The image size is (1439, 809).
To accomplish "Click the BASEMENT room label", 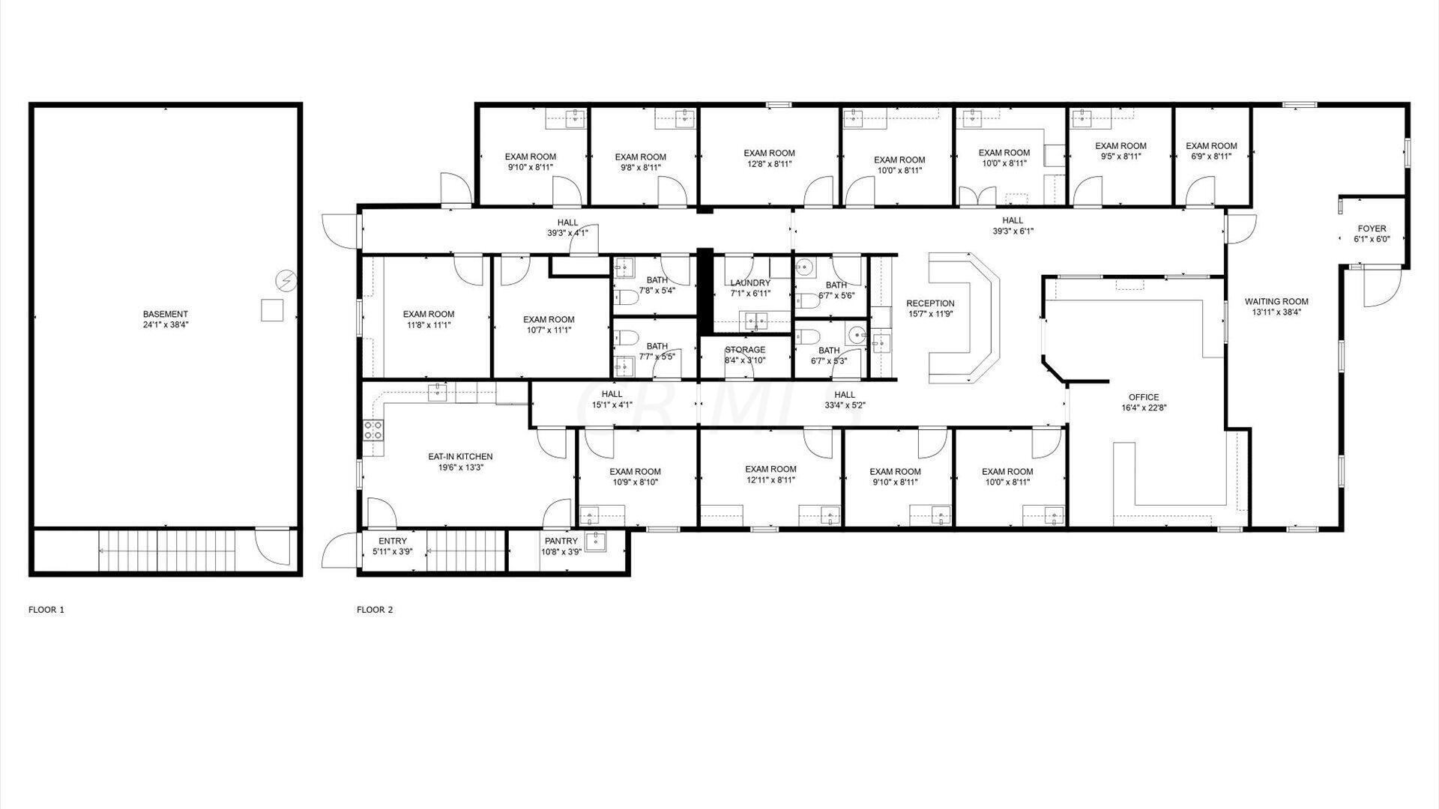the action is click(165, 314).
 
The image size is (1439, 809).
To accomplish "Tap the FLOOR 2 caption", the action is click(375, 610).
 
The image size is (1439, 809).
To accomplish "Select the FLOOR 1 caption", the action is click(46, 610).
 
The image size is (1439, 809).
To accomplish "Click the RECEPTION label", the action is click(930, 303).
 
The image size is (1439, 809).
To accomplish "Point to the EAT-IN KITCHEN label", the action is click(460, 456).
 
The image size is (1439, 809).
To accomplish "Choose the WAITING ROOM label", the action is click(1276, 302).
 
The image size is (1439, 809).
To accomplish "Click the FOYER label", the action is click(1372, 228).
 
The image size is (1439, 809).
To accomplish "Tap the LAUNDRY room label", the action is click(750, 283).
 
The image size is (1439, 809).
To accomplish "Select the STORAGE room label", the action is click(745, 350).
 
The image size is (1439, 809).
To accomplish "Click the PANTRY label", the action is click(561, 541).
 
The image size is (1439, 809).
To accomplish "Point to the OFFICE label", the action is click(1144, 397).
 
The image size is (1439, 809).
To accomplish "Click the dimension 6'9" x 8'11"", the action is click(1211, 157).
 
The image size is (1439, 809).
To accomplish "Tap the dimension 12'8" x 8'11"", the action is click(770, 163).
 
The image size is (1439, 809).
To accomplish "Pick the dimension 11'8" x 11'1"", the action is click(429, 325).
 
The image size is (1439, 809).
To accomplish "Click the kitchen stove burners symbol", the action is click(373, 430).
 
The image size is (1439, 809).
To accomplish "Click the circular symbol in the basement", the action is click(286, 280).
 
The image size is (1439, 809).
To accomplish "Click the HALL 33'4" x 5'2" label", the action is click(845, 400).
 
